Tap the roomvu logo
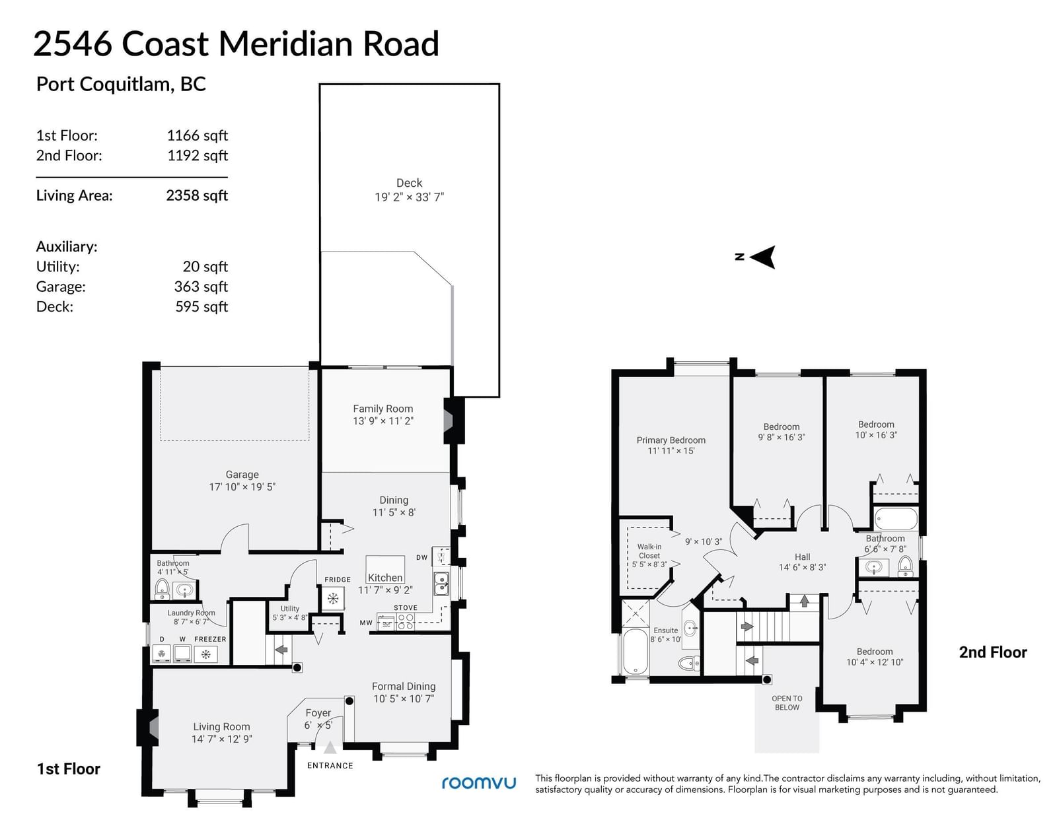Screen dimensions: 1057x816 click(x=479, y=782)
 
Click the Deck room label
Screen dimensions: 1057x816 click(x=409, y=183)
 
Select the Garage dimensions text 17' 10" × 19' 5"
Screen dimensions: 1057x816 click(x=242, y=487)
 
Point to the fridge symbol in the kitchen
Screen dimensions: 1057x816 click(x=333, y=597)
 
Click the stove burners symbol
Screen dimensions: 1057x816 click(x=406, y=622)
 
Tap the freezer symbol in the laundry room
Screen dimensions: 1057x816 click(x=205, y=654)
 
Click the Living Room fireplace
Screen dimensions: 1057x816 click(x=147, y=728)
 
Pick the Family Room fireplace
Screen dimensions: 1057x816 click(x=453, y=421)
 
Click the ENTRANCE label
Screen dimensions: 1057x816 click(x=330, y=765)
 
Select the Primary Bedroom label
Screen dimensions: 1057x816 click(x=671, y=440)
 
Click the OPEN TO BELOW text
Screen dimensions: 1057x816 click(x=787, y=702)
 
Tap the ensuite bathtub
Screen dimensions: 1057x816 click(x=636, y=651)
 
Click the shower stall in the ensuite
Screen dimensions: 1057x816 click(x=636, y=613)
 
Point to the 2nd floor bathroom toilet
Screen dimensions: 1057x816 click(x=905, y=566)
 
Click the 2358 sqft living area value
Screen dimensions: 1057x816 click(x=197, y=195)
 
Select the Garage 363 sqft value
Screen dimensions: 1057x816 click(x=201, y=287)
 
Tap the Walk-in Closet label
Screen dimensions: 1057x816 click(x=649, y=551)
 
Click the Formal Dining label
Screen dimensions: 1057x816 click(x=404, y=686)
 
